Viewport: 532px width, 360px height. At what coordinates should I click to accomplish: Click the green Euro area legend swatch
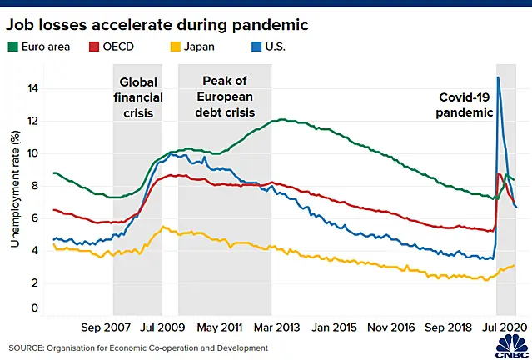[12, 47]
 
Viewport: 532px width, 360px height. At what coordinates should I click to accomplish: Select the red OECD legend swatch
[94, 47]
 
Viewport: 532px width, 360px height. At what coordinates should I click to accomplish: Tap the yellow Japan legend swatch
[175, 47]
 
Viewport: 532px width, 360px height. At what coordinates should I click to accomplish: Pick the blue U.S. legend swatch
[256, 47]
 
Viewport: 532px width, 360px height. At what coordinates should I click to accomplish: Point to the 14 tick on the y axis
[32, 89]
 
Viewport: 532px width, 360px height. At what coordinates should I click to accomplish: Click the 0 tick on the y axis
[35, 308]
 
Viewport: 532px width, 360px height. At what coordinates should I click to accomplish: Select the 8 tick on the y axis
[35, 186]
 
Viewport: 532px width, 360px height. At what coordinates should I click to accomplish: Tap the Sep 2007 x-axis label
[106, 327]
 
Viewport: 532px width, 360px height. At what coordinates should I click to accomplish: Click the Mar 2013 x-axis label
[277, 327]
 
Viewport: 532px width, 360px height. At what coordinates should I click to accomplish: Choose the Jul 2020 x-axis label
[505, 327]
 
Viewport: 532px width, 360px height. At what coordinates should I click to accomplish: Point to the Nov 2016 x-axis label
[391, 327]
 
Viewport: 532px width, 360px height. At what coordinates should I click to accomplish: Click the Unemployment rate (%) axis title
[15, 189]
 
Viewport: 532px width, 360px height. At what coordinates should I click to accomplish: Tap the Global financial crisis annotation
[138, 97]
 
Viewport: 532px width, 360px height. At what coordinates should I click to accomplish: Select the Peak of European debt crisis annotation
[225, 97]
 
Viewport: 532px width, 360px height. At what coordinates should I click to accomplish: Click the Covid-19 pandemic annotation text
[464, 105]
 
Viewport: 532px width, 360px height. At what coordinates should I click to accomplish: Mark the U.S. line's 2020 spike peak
[498, 77]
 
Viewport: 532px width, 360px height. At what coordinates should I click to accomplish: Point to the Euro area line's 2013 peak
[282, 119]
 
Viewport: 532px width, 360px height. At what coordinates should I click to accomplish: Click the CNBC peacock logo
[512, 347]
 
